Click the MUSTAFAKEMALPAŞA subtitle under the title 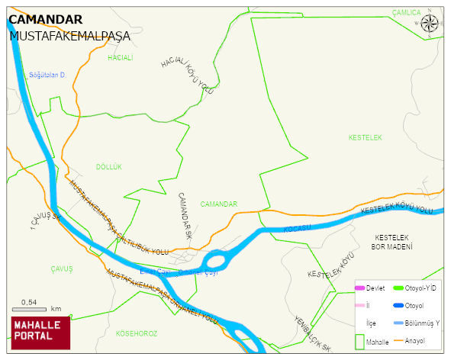coord(69,36)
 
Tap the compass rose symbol coord(430,23)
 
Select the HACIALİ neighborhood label coord(121,58)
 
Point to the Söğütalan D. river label coord(48,75)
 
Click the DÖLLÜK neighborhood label coord(109,166)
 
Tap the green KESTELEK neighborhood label coord(365,137)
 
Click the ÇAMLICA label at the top coord(406,12)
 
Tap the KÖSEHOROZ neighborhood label coord(136,333)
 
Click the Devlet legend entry coord(369,288)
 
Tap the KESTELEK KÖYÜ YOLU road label coord(396,209)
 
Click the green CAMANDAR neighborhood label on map coord(219,204)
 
